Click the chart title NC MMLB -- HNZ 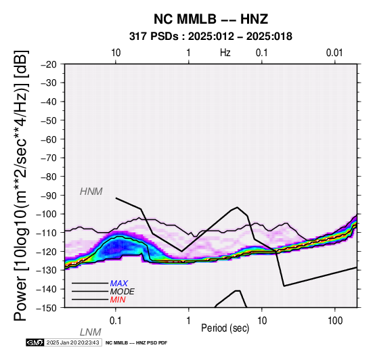[211, 19]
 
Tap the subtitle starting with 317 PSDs [211, 37]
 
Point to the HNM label [91, 192]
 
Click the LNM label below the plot [91, 332]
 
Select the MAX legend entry [119, 284]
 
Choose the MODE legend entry [123, 292]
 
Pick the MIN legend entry [118, 300]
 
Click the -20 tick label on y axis [49, 64]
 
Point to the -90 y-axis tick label [49, 196]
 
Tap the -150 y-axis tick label [47, 308]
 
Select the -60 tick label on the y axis [49, 139]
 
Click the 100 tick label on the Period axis [335, 321]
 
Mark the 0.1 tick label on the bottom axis [116, 321]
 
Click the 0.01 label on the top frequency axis [334, 53]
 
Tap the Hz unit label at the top [225, 53]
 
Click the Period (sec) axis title [225, 328]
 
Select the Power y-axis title [20, 185]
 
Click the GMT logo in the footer [35, 342]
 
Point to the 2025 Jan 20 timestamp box [73, 342]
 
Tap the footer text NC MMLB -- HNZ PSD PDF [136, 343]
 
